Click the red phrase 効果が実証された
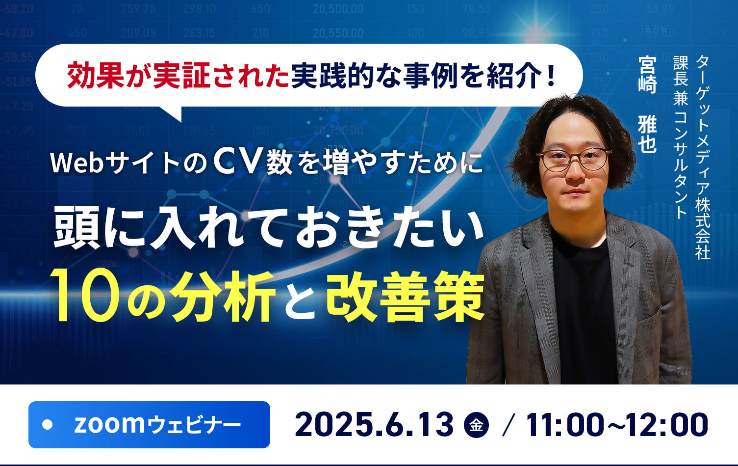click(178, 75)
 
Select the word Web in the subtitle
click(77, 163)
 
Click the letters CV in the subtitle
click(235, 162)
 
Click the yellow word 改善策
click(405, 296)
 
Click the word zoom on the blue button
click(109, 424)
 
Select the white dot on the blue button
click(48, 425)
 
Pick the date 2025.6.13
click(374, 425)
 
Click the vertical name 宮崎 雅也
click(647, 104)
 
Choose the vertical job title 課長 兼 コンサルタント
click(681, 137)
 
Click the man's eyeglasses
click(574, 160)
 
